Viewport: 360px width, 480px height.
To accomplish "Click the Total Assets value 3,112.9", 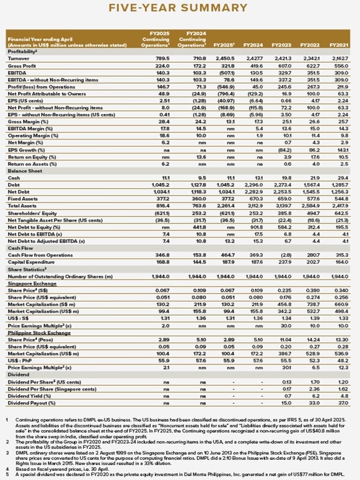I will pos(255,206).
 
